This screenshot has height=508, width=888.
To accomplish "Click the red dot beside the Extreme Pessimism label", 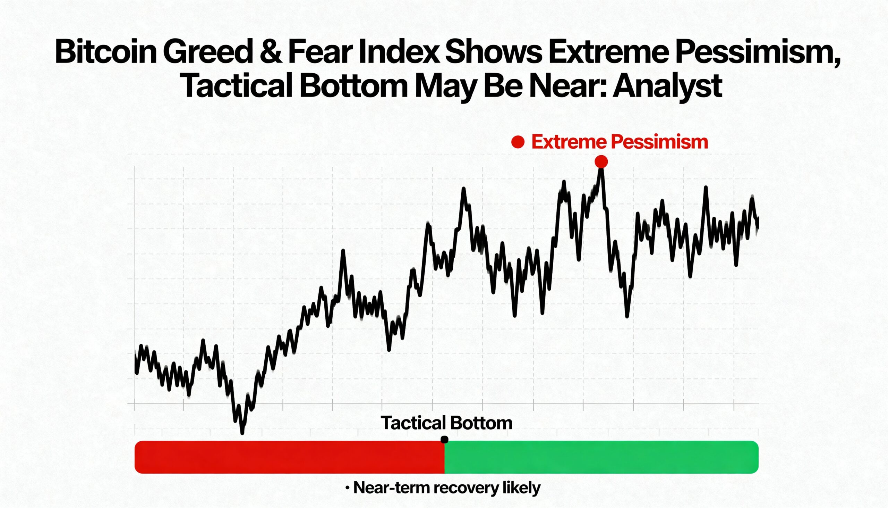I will (518, 142).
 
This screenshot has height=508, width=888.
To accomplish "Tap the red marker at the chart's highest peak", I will (601, 162).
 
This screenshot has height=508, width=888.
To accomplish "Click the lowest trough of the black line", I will (242, 433).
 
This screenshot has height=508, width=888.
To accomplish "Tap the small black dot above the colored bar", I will (444, 440).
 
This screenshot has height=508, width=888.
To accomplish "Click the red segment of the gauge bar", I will (289, 457).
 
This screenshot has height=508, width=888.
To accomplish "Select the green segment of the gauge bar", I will (601, 457).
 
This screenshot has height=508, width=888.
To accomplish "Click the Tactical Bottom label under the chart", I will (446, 423).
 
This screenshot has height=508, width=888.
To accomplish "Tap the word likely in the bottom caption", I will (521, 488).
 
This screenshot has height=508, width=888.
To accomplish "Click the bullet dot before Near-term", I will (347, 488).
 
